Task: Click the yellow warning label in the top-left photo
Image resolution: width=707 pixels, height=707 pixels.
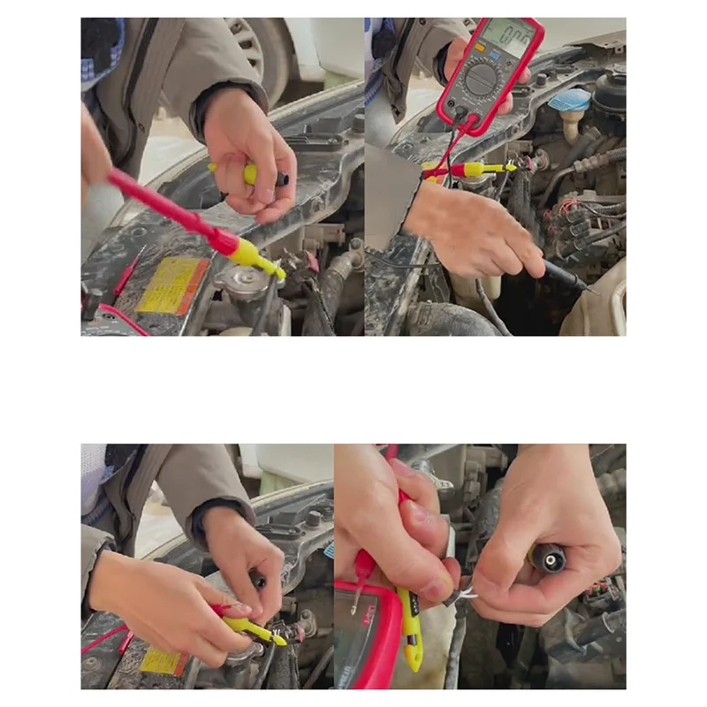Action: [x=172, y=286]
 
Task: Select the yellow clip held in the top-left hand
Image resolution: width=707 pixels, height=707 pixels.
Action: [x=250, y=174]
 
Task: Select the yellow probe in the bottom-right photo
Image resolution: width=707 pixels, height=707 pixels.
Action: [x=410, y=623]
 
